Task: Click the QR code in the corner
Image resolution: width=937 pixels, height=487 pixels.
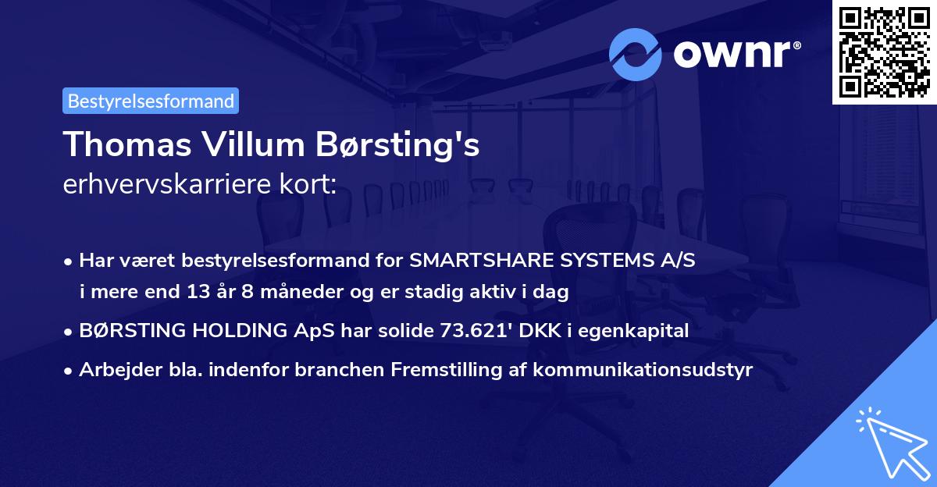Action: [884, 52]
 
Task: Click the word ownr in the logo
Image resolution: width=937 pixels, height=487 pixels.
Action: [734, 55]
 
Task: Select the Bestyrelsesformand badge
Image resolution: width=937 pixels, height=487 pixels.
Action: [151, 101]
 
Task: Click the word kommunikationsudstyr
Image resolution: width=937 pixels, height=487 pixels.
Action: [643, 370]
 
